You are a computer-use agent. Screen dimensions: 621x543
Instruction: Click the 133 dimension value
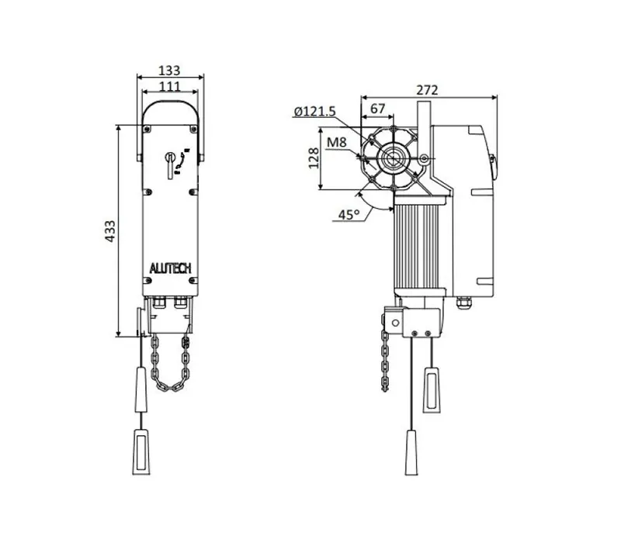(169, 71)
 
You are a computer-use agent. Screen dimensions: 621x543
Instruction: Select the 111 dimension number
(169, 86)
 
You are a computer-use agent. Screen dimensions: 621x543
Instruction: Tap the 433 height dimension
(109, 231)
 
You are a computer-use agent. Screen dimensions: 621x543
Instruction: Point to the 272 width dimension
(428, 90)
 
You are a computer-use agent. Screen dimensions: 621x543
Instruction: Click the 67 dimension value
(377, 109)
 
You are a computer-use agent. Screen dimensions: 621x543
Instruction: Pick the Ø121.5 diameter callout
(315, 112)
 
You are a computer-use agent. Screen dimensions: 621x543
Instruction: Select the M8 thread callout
(337, 142)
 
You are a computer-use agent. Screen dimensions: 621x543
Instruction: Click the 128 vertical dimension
(314, 158)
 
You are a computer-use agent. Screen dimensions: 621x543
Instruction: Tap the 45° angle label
(349, 215)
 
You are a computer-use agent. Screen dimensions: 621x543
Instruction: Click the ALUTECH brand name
(170, 268)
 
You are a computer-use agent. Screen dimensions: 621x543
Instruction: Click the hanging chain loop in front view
(170, 363)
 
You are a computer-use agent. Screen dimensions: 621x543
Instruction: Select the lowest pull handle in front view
(141, 451)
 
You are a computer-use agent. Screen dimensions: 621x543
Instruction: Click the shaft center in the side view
(393, 159)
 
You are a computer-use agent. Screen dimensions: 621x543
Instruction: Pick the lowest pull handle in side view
(411, 452)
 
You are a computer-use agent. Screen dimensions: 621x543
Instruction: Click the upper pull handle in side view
(432, 390)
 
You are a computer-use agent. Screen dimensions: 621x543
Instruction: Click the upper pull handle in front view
(141, 389)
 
